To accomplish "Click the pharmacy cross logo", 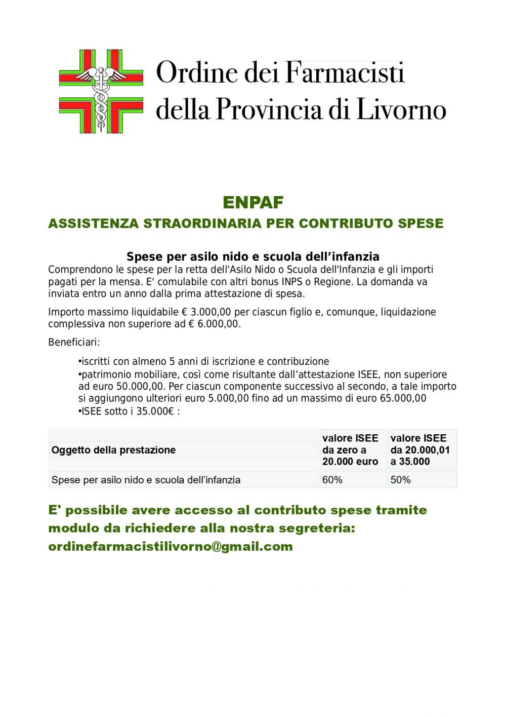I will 101,91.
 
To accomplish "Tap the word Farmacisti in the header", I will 345,72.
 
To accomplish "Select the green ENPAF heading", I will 253,202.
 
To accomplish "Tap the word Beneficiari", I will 74,343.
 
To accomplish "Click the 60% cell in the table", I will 332,480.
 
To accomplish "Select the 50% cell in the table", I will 400,480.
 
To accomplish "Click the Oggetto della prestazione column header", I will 113,450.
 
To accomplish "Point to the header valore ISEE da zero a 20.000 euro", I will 350,450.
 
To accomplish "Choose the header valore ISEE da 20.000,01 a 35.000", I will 420,450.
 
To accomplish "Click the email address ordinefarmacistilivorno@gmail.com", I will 171,547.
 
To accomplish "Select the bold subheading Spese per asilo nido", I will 253,256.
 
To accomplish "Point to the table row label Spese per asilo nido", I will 146,480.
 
